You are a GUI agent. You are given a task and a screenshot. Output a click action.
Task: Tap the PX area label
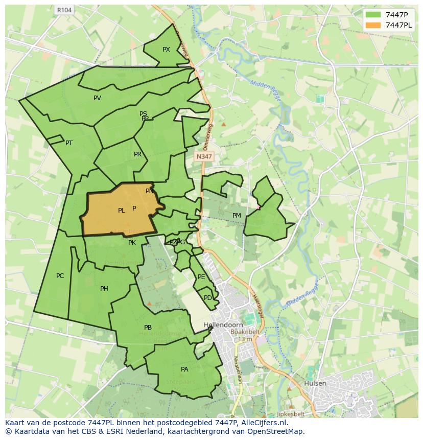click(166, 50)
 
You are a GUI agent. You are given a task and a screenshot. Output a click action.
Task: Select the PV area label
click(97, 98)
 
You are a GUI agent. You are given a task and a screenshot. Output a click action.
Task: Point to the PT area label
click(69, 143)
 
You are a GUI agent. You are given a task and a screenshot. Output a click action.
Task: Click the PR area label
click(137, 154)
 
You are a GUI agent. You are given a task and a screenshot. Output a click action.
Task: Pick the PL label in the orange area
click(122, 211)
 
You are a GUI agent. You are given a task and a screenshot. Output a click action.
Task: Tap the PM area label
click(237, 216)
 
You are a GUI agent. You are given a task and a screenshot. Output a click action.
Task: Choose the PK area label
click(132, 243)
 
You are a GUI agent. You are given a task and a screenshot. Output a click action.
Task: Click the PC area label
click(60, 276)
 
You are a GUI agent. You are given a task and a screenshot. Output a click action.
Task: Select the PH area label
click(104, 289)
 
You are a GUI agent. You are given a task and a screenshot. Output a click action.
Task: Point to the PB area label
click(148, 328)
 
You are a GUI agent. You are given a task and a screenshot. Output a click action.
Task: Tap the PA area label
click(184, 369)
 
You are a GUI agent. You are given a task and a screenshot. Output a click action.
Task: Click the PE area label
click(201, 277)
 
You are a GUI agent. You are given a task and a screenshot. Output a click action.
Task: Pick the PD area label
click(207, 298)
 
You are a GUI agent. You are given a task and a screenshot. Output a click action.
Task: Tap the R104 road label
click(64, 10)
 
